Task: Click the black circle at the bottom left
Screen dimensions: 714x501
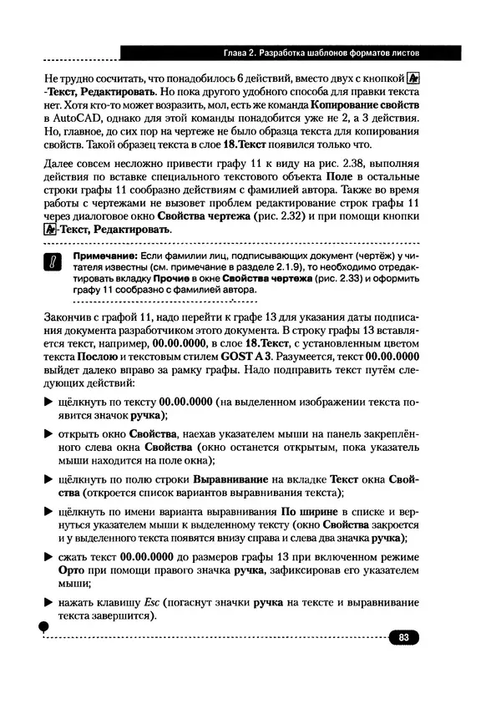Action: tap(43, 628)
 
